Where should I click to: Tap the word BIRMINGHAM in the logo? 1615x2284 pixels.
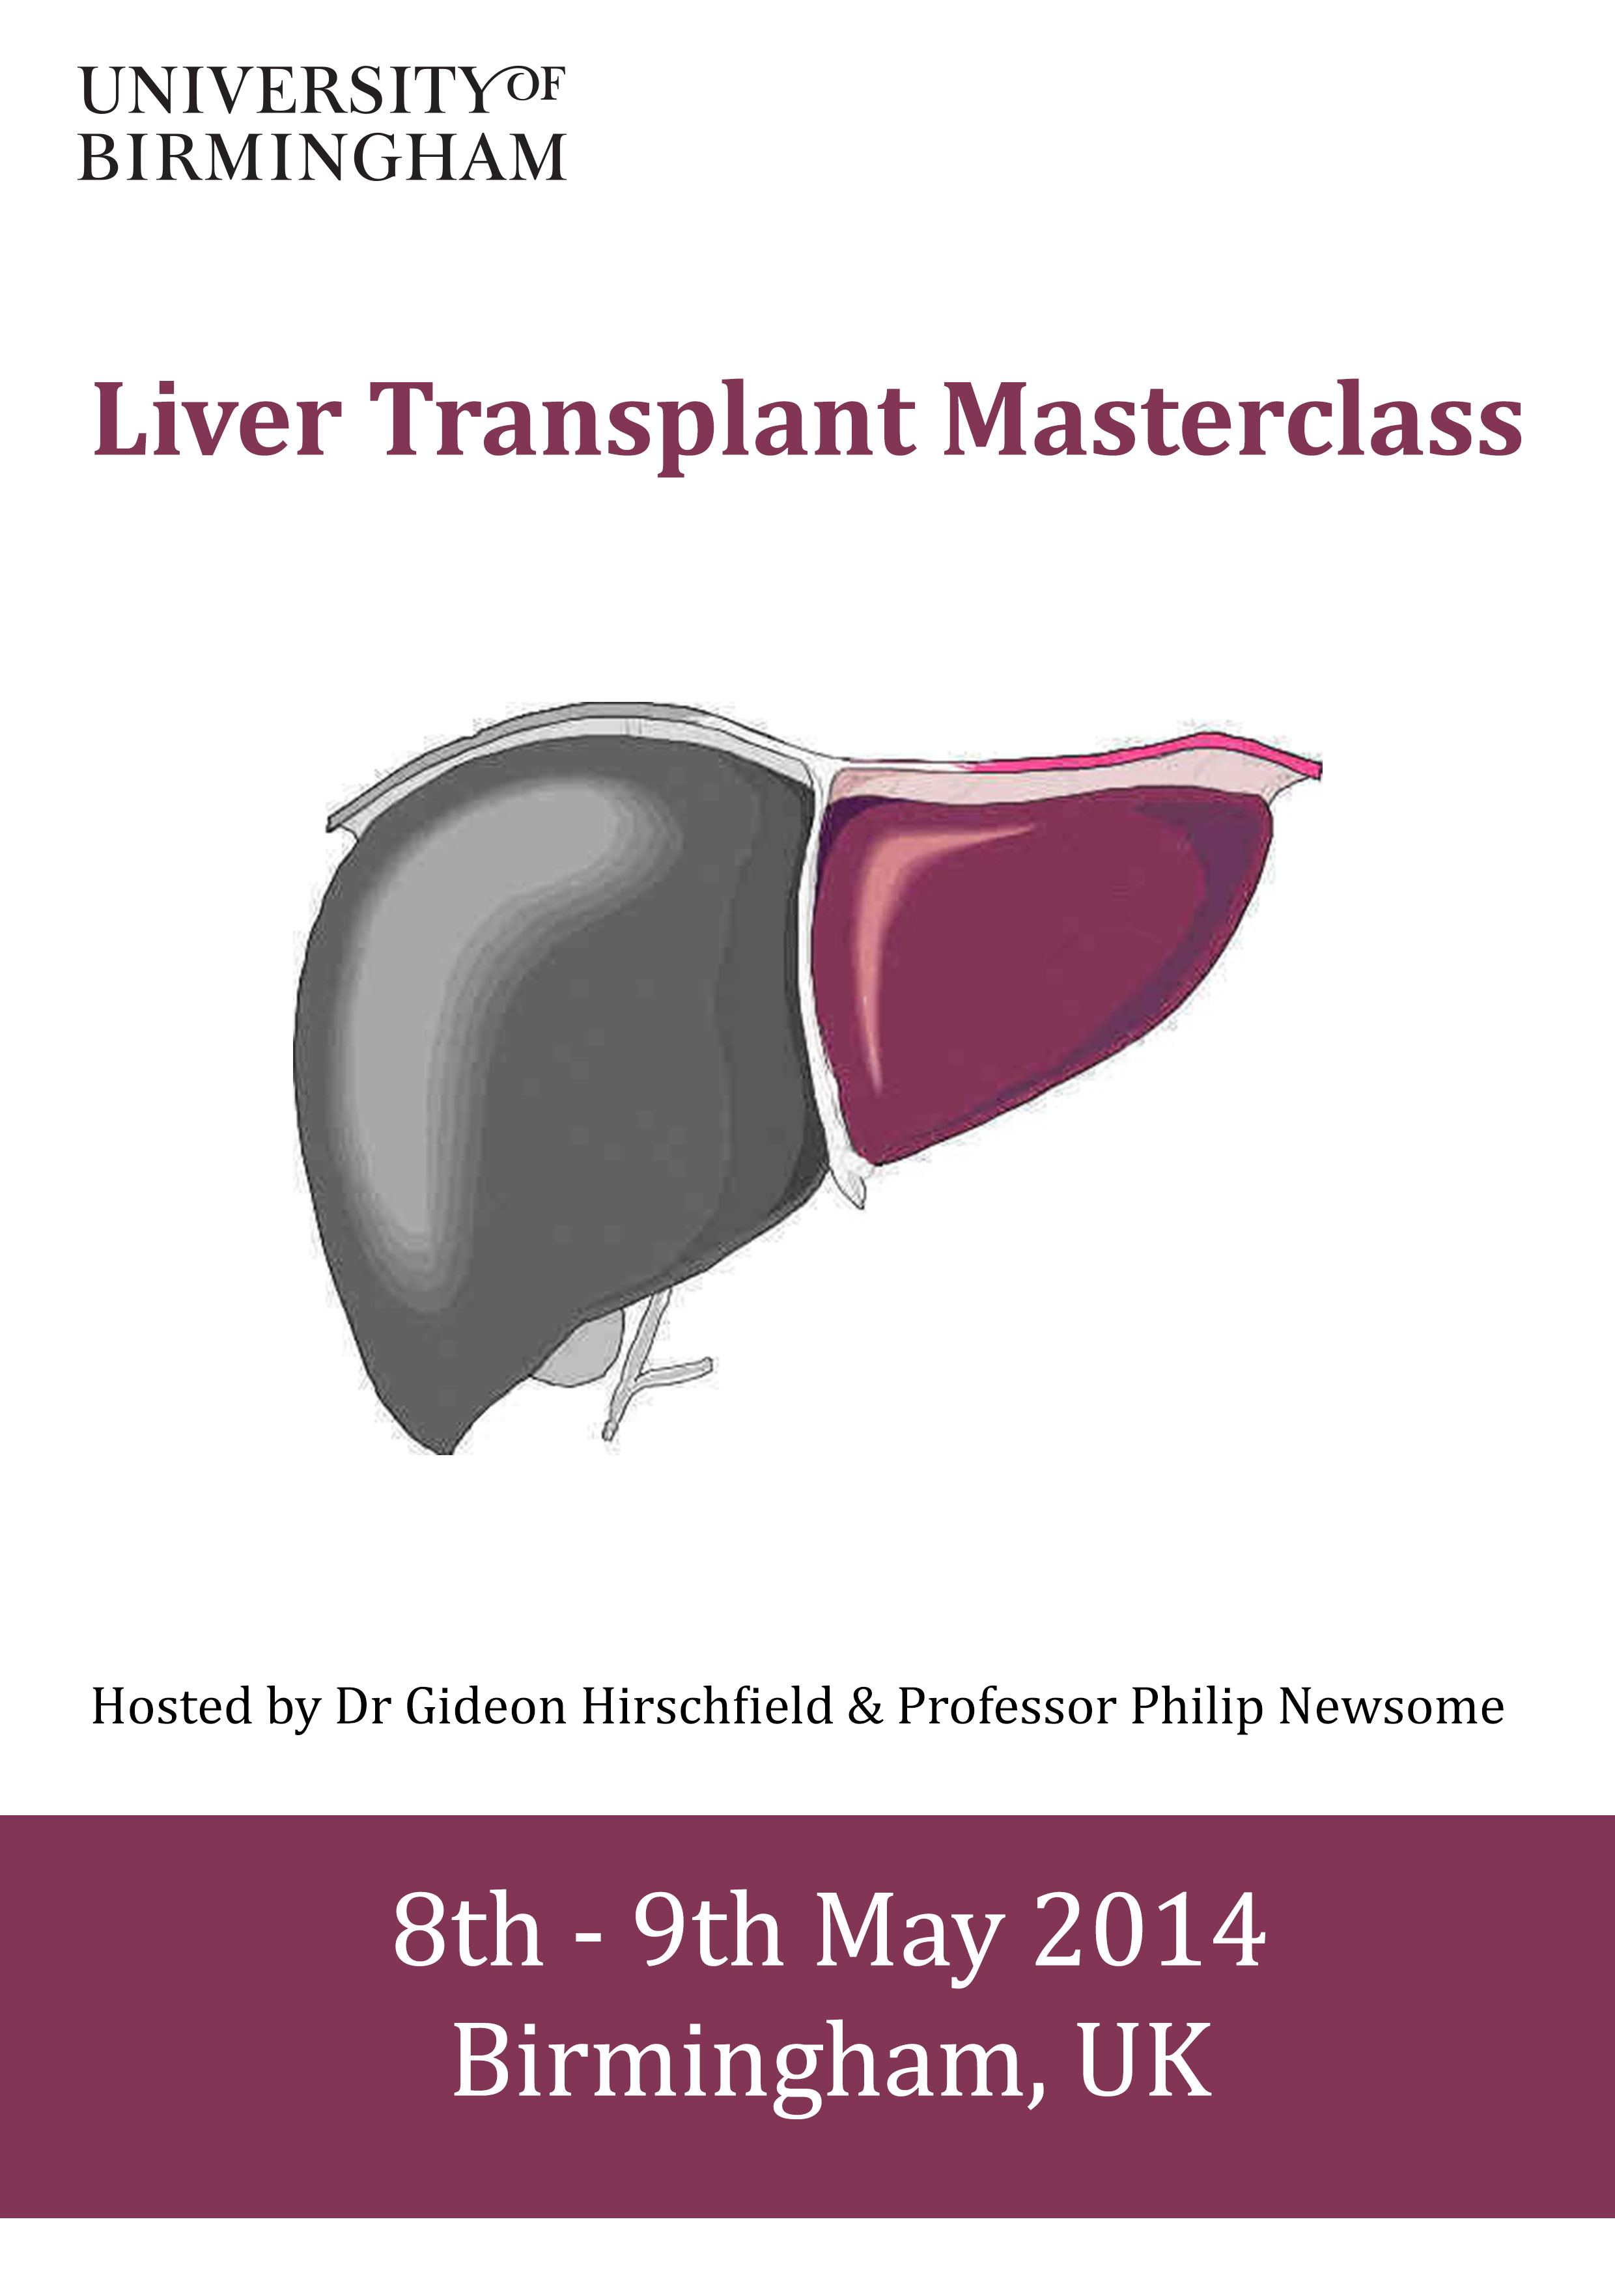pos(322,158)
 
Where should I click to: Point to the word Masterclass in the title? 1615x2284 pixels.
pos(1232,419)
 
